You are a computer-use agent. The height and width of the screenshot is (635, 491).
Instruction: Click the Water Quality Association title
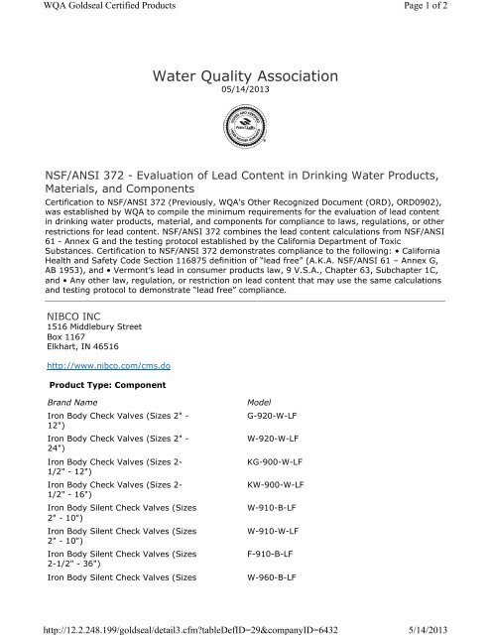pos(245,76)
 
